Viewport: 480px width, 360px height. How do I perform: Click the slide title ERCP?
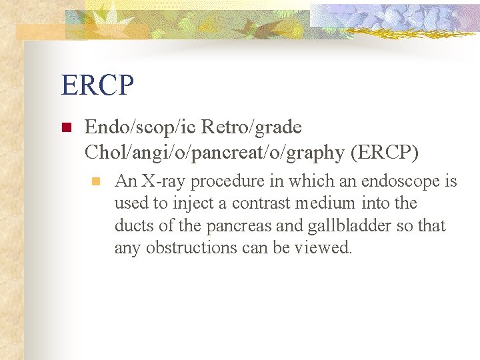click(x=97, y=85)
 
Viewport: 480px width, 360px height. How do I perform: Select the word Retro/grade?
click(x=251, y=127)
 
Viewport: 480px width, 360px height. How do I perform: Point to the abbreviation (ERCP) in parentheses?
click(x=385, y=153)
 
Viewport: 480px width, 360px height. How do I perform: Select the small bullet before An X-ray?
click(x=96, y=181)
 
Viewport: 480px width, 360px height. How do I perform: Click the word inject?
click(x=179, y=203)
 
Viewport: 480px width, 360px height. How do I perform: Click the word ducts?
click(x=133, y=226)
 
